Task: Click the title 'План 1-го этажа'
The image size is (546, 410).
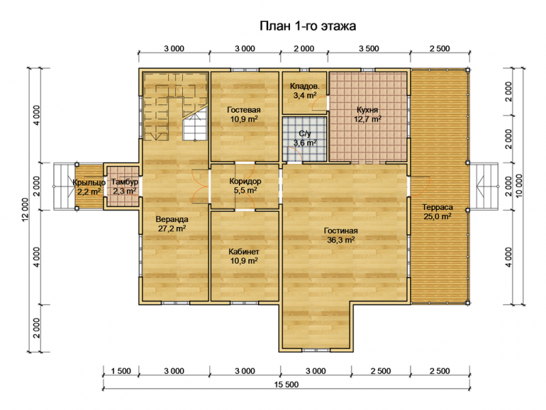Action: tap(308, 26)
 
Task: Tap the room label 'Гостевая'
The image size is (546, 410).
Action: tap(244, 110)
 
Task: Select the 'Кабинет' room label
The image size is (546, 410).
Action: tap(244, 251)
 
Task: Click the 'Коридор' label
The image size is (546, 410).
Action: tap(245, 181)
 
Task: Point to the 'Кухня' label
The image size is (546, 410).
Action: tap(367, 110)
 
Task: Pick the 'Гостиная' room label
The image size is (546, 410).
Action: tap(341, 231)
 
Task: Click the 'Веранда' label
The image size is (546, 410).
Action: tap(172, 219)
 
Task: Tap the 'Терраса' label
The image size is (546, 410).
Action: tap(437, 208)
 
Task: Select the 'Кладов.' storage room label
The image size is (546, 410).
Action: tap(304, 86)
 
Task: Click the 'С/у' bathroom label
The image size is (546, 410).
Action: tap(304, 133)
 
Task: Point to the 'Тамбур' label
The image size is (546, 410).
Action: tap(125, 182)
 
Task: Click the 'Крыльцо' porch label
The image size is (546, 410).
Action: tap(89, 182)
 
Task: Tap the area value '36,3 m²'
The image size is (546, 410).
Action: tap(341, 240)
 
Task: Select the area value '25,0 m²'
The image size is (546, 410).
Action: tap(437, 217)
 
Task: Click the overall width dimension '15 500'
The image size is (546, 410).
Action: tap(286, 385)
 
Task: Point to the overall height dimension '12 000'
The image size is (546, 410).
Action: tap(25, 210)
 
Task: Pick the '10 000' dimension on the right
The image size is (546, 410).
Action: tap(519, 186)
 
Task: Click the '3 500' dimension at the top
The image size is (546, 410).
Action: tap(369, 49)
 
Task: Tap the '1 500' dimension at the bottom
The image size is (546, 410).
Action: tap(121, 371)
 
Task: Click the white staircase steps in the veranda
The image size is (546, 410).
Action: tap(195, 124)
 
